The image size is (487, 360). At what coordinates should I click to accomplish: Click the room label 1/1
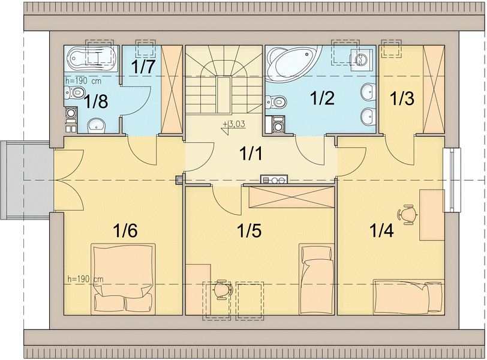pos(251,154)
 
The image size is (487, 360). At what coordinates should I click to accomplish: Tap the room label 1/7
pos(143,67)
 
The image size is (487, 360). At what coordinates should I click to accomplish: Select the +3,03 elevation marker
pos(234,125)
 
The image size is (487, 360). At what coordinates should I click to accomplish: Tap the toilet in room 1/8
pos(74,92)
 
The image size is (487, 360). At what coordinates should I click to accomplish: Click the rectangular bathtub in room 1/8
pos(91,59)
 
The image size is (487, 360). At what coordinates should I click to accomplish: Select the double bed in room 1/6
pos(124,278)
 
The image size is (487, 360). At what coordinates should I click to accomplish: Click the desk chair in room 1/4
pos(407,214)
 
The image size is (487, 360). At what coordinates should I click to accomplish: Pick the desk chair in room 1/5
pos(223,289)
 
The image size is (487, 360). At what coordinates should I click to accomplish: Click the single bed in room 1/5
pos(316,279)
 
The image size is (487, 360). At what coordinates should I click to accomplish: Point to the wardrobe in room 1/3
pos(434,89)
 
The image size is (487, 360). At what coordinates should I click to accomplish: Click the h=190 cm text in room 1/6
pos(85,279)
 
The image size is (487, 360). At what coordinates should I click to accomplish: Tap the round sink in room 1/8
pos(97,125)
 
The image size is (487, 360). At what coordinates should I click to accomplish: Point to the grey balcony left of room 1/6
pos(25,180)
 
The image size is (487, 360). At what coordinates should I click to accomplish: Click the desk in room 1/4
pos(432,215)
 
